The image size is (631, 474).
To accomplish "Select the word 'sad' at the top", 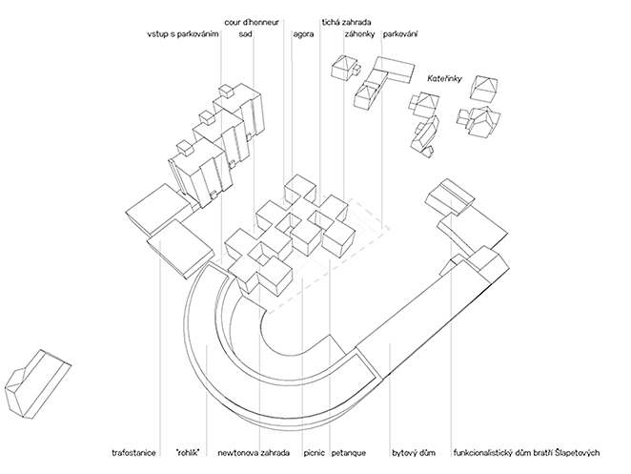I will tap(245, 34).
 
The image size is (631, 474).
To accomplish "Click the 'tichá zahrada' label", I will tap(347, 19).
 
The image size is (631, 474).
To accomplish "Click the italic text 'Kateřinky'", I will tap(444, 80).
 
